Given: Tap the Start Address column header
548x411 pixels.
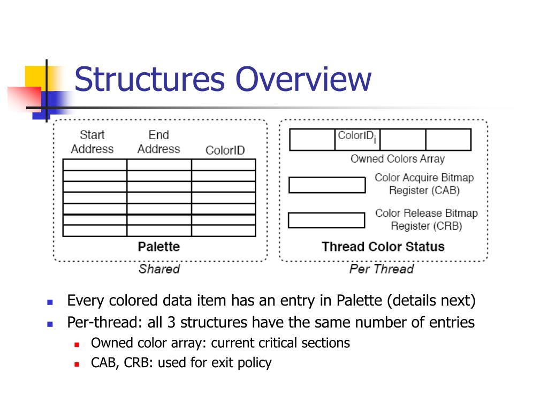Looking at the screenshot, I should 92,142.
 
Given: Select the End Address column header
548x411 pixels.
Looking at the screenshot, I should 158,142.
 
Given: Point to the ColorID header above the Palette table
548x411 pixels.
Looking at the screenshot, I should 225,150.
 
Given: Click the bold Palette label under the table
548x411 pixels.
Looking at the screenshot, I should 159,247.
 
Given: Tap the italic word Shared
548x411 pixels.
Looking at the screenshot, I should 159,269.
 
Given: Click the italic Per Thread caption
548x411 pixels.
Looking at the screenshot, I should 382,269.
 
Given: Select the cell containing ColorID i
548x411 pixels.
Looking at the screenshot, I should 357,139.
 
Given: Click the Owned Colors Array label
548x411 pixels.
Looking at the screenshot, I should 397,159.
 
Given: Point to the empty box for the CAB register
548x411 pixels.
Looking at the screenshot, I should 326,185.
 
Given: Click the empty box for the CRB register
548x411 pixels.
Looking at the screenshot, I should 326,220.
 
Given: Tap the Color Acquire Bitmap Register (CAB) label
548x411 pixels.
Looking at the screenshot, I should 424,184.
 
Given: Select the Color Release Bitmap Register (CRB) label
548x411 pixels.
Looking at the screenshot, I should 426,219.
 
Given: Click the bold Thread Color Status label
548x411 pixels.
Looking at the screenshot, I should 383,247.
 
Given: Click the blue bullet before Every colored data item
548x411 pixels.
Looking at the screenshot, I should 50,302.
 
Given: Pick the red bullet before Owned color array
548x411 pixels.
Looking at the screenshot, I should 77,344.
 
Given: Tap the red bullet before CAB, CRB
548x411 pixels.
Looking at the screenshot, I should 77,364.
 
